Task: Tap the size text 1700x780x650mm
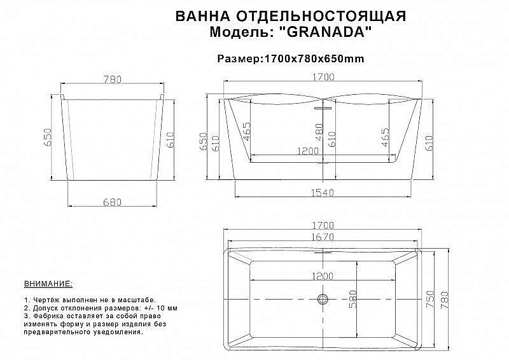point(312,59)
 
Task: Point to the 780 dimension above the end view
point(113,80)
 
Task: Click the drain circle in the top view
point(323,298)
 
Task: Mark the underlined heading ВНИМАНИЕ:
point(48,281)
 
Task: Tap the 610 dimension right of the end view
point(170,139)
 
